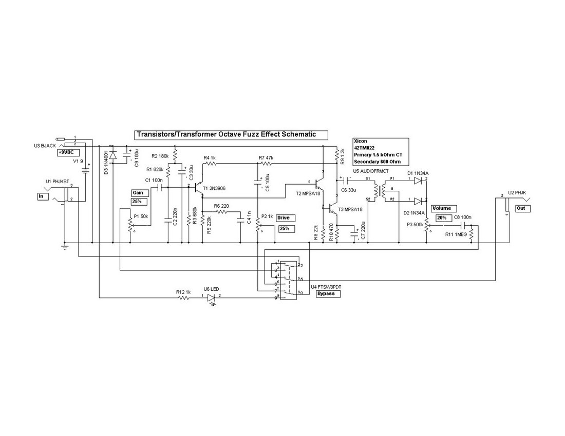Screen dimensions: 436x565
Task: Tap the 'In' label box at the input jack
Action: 42,196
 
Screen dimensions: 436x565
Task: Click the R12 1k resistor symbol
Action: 184,296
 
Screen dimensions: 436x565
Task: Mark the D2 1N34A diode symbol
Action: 417,201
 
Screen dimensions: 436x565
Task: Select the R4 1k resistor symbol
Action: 211,163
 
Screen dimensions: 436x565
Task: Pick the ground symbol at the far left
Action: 65,247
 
